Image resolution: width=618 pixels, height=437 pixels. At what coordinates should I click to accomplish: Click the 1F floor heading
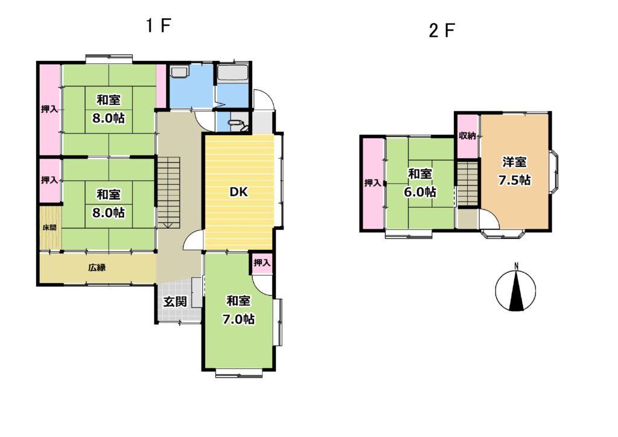pos(158,26)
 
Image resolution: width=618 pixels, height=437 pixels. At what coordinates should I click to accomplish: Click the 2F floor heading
pos(442,30)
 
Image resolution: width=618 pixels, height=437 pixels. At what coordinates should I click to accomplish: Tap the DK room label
pos(239,192)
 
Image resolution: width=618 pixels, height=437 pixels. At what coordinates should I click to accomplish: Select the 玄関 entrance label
pos(175,302)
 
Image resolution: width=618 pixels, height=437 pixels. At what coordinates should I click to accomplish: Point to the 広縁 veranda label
pos(97,267)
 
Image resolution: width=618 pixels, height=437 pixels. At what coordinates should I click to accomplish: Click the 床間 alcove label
pos(49,228)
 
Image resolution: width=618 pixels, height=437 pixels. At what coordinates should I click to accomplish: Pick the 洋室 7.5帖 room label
pos(515,171)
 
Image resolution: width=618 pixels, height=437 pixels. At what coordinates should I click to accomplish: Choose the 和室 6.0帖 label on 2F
pos(420,183)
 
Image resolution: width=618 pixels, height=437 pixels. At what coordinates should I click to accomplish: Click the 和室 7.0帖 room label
pos(238,310)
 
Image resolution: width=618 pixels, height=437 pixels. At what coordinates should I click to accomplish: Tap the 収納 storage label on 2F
pos(468,136)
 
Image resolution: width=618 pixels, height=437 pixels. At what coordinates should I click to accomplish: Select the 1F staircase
pos(168,193)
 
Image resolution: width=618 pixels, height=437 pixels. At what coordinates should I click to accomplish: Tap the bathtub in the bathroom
pos(232,74)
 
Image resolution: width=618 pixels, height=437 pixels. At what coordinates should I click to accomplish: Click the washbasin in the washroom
pos(179,72)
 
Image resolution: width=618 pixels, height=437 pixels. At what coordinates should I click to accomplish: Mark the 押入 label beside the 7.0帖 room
pos(262,262)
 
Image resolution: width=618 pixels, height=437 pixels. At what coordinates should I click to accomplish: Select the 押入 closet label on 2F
pos(372,183)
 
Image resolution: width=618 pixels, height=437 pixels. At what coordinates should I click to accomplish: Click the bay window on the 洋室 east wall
pos(553,170)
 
